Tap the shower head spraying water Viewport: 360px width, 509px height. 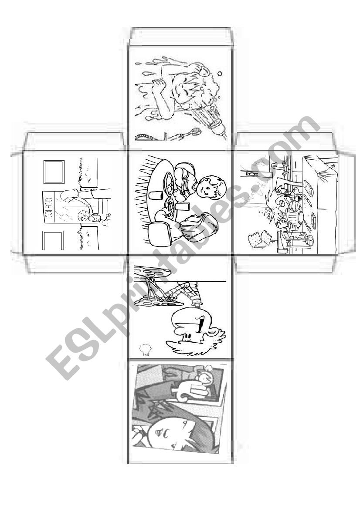click(x=213, y=124)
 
